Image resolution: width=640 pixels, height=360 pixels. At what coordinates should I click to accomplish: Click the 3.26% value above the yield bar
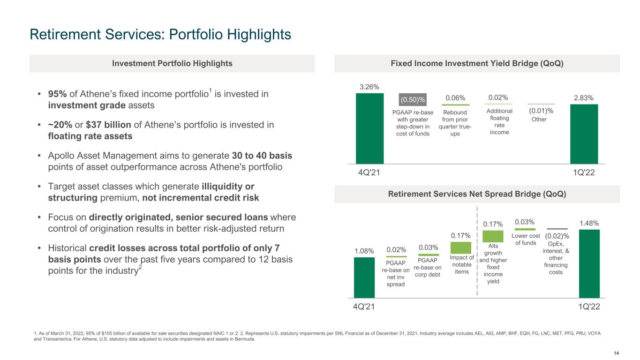click(x=369, y=87)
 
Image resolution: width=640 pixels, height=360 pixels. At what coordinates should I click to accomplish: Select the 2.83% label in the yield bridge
click(x=584, y=98)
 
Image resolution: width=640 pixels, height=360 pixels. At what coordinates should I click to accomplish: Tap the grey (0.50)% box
click(x=412, y=99)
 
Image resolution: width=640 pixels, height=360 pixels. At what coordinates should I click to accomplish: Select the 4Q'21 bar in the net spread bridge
click(x=364, y=277)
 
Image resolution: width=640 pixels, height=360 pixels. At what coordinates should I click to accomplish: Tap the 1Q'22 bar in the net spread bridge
click(x=589, y=263)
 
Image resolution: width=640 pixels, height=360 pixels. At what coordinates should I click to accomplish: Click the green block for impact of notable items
click(x=460, y=247)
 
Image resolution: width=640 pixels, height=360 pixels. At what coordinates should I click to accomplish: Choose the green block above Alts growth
click(x=493, y=236)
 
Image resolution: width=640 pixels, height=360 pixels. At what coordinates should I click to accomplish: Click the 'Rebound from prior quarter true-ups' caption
click(x=455, y=123)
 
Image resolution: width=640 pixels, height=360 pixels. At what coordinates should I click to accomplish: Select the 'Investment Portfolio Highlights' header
click(x=172, y=63)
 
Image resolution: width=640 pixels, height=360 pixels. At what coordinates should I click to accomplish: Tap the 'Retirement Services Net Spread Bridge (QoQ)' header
click(x=477, y=194)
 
